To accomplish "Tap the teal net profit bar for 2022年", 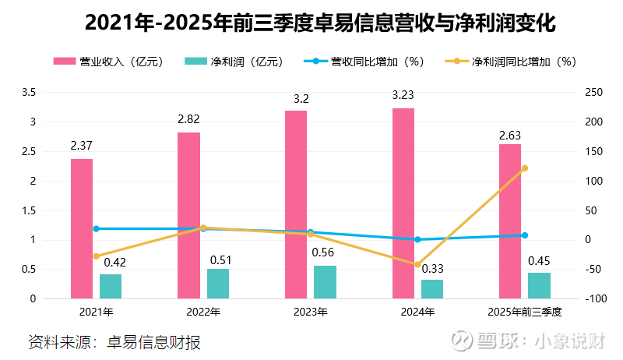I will (x=218, y=284).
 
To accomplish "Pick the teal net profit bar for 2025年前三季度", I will (x=539, y=285).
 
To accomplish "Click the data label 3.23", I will (x=403, y=96).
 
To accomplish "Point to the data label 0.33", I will (x=432, y=268).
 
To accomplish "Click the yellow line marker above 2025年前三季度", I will (x=524, y=168).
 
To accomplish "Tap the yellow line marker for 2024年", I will (x=417, y=265).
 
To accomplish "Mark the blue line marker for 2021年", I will (x=97, y=229).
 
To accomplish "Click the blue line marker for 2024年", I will (x=417, y=239).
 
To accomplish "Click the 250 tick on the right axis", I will (x=594, y=93).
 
